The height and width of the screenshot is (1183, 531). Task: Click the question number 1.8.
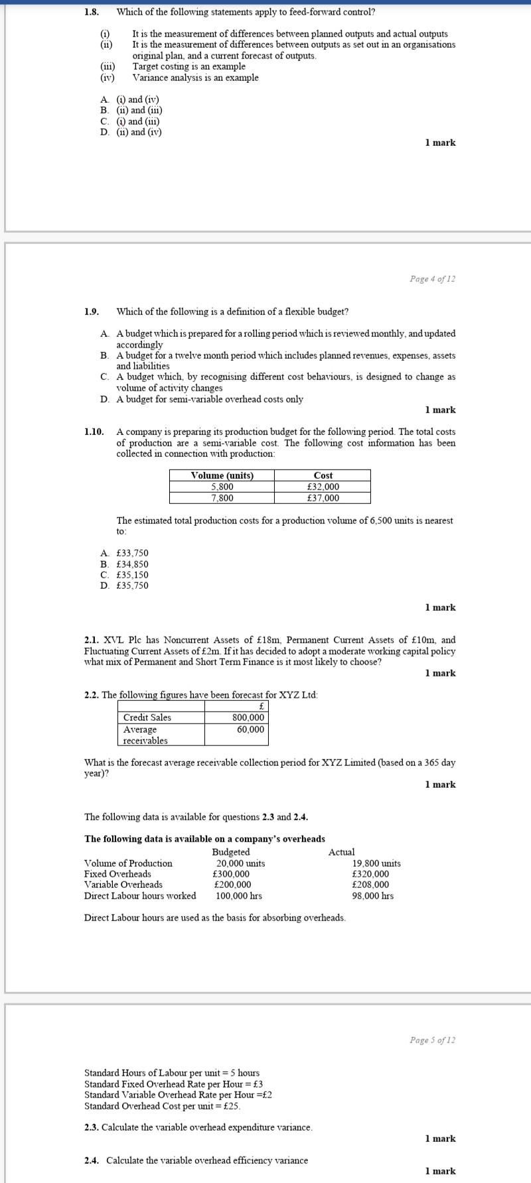pos(92,12)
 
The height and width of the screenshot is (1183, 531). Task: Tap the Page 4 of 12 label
pos(432,279)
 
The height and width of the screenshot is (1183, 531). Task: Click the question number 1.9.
pos(92,312)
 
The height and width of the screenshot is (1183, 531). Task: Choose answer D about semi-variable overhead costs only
pos(202,399)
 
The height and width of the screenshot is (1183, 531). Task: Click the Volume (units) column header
pos(222,475)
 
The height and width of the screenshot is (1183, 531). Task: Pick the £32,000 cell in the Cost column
pos(323,487)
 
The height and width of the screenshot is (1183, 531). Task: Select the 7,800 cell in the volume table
pos(222,498)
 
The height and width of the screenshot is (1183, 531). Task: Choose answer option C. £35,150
pos(125,575)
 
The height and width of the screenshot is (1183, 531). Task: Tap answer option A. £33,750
pos(125,553)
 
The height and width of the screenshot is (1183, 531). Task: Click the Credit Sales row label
pos(147,717)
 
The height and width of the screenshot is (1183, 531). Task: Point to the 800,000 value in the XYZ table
pos(248,717)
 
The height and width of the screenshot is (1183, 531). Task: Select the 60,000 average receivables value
pos(250,729)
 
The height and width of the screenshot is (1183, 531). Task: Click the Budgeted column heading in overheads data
pos(231,852)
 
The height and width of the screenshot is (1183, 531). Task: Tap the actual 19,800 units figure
pos(376,863)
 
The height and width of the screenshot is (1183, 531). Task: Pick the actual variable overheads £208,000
pos(370,885)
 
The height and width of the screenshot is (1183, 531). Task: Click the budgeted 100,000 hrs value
pos(238,896)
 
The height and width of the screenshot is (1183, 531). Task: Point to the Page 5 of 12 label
pos(432,1040)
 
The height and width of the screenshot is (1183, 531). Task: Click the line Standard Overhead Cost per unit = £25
pos(162,1106)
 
